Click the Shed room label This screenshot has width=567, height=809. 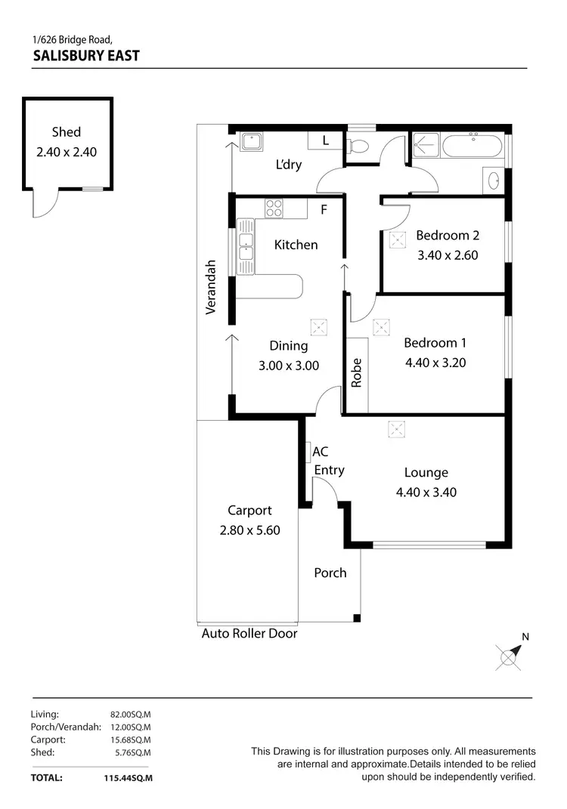(67, 132)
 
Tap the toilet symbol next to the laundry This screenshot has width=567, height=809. (358, 147)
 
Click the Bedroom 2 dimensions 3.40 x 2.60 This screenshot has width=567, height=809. (448, 255)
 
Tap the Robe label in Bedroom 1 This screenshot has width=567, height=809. (357, 373)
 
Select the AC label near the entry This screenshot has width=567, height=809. (321, 452)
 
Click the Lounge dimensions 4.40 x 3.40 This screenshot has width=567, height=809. (426, 493)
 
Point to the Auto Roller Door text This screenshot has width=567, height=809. (249, 634)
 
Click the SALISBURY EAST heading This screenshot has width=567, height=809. (86, 55)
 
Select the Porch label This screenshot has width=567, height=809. (330, 573)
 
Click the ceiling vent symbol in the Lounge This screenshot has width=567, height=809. (396, 429)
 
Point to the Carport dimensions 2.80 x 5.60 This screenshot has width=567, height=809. (249, 530)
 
